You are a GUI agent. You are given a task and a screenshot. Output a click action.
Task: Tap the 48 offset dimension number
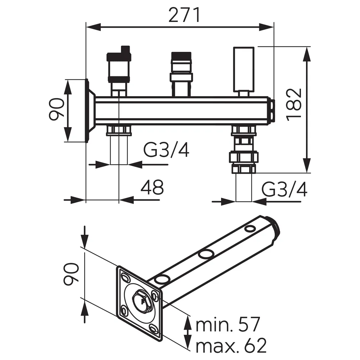[x=152, y=188]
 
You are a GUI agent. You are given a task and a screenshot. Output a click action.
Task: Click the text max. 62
[x=230, y=346]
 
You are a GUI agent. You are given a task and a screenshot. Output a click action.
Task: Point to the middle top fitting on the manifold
[x=181, y=74]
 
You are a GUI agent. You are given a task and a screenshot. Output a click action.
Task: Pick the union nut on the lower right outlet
[x=244, y=157]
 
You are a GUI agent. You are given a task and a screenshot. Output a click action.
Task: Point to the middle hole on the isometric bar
[x=206, y=254]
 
